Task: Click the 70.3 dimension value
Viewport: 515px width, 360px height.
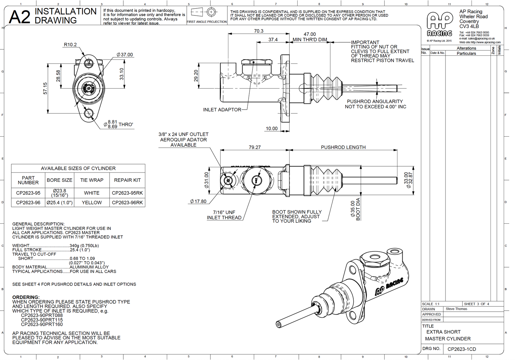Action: [x=259, y=31]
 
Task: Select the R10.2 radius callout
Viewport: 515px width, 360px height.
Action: [x=70, y=45]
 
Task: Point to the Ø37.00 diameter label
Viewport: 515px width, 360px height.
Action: [x=125, y=55]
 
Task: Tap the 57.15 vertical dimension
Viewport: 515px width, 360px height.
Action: [x=45, y=88]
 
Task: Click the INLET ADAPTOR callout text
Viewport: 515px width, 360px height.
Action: [x=222, y=110]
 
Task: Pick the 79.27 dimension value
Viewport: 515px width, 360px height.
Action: [x=254, y=147]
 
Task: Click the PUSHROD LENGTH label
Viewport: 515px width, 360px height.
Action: [x=343, y=147]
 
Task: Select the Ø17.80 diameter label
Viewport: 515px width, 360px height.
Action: [x=198, y=201]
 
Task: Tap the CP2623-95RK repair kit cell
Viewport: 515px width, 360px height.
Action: [x=127, y=193]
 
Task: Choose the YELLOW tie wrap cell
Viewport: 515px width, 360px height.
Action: [x=92, y=203]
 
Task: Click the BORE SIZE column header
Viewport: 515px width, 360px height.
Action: [x=60, y=180]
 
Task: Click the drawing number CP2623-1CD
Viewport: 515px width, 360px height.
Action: [x=462, y=349]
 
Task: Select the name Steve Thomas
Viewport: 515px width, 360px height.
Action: [x=456, y=309]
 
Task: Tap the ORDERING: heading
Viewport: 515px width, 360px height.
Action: [x=26, y=297]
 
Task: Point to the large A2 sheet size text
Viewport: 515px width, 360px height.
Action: [x=20, y=17]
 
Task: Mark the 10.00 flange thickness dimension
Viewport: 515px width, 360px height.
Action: [x=272, y=128]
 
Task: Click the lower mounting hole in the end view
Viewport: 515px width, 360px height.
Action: [x=88, y=113]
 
